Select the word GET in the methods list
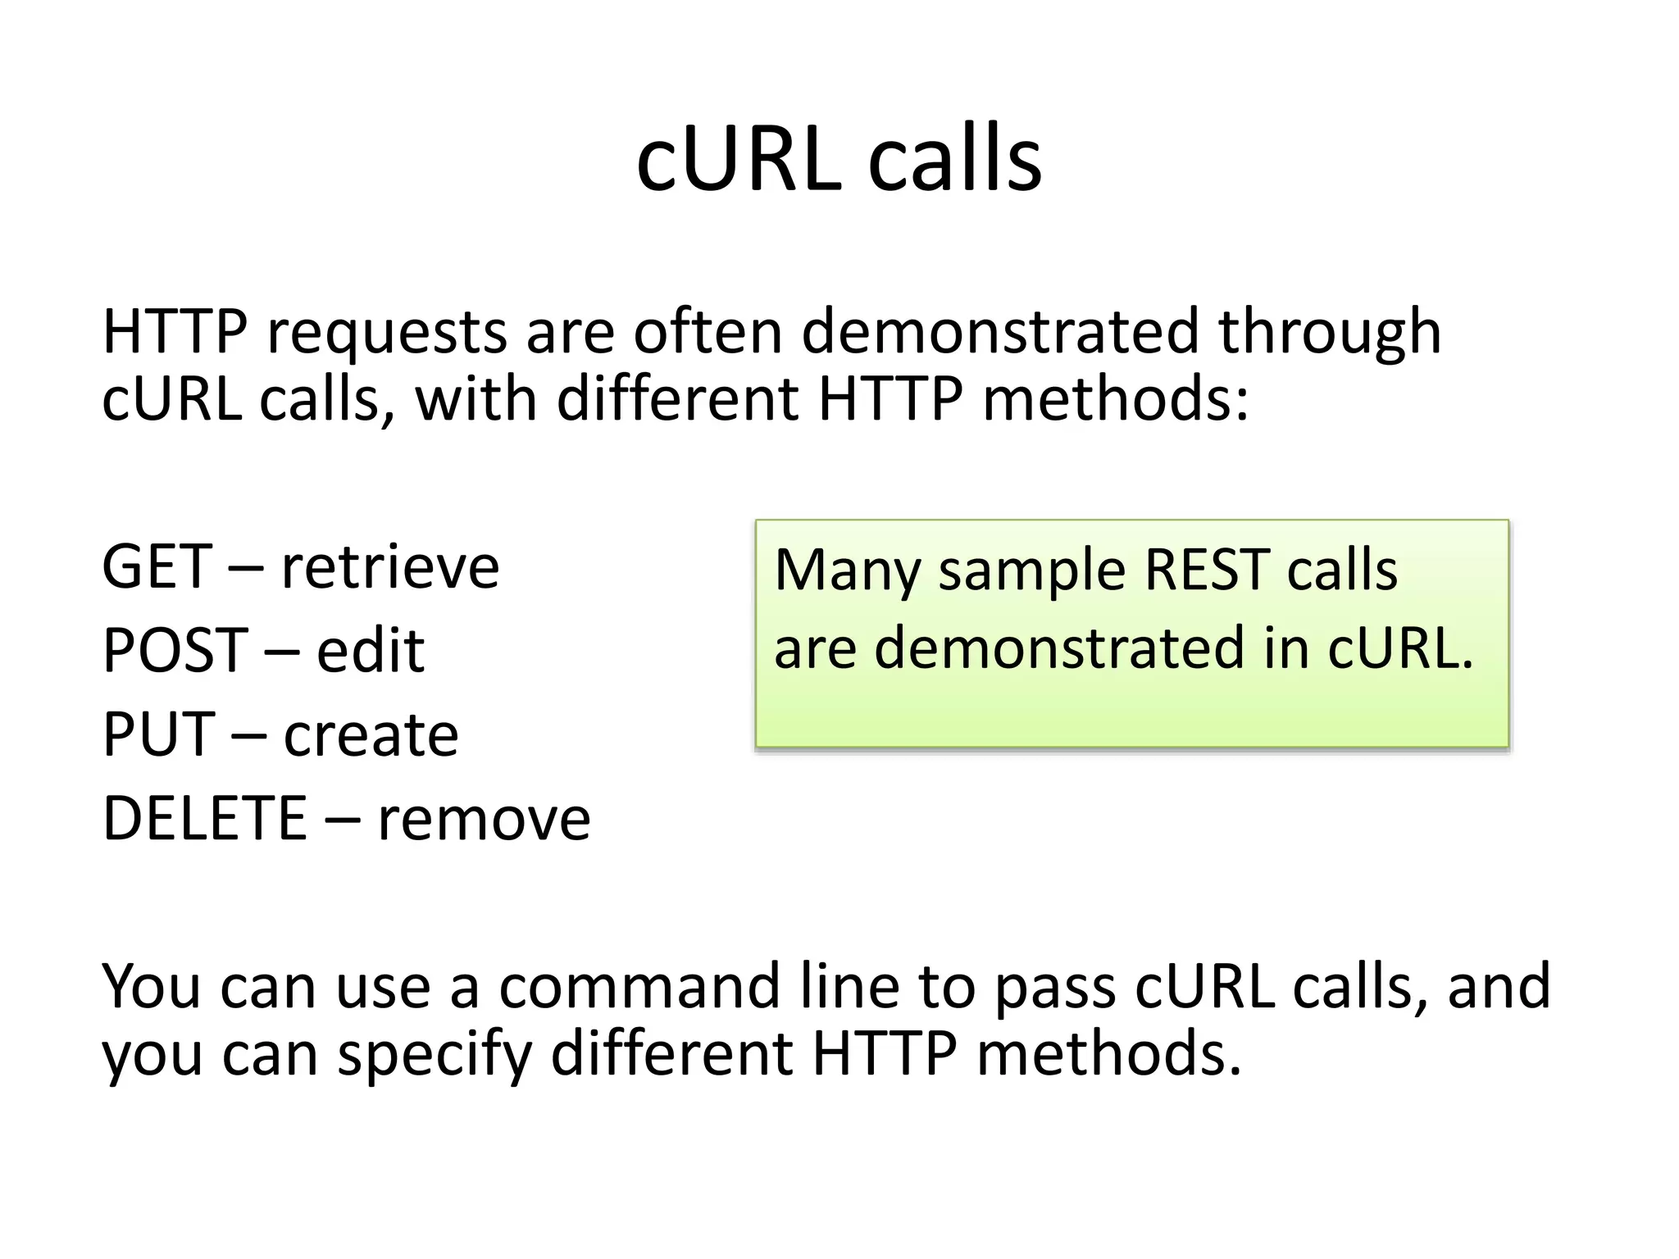(157, 566)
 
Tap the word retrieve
(390, 566)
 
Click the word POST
(175, 651)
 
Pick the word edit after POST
(371, 651)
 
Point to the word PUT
(158, 734)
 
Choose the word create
(371, 734)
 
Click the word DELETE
(204, 818)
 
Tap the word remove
(484, 818)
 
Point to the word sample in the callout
(1032, 572)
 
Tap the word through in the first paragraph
(1329, 332)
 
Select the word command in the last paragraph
(639, 986)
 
